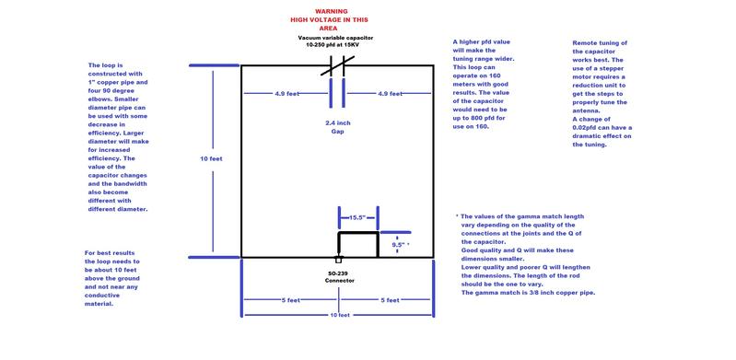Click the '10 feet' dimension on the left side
(211, 159)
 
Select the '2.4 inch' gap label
(338, 122)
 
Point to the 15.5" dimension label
(357, 218)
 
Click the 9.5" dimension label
(400, 245)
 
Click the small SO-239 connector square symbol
(338, 260)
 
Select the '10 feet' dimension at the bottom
(338, 316)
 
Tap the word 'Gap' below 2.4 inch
(338, 132)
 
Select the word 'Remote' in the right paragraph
(586, 43)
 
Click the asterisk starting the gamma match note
(457, 215)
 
